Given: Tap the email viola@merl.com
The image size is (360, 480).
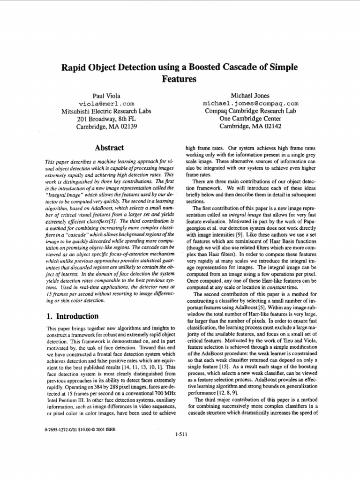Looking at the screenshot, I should tap(106, 103).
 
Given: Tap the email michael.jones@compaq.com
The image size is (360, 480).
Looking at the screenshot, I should tap(250, 103).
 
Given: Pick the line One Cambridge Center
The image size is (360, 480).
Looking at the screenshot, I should tap(250, 119).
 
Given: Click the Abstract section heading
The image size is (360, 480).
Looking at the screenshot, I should tap(109, 148).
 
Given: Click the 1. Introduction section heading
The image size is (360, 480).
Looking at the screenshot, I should tap(72, 316).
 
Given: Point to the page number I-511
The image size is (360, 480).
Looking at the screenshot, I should tap(180, 434).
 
